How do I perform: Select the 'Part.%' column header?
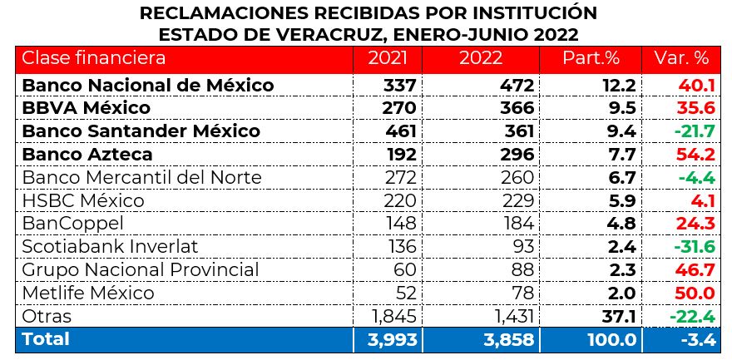point(591,58)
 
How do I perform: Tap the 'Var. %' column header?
point(681,58)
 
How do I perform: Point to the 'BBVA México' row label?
point(87,108)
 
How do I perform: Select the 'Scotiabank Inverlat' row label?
point(110,247)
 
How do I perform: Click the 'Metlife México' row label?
point(88,293)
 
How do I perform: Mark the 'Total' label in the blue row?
point(47,339)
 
